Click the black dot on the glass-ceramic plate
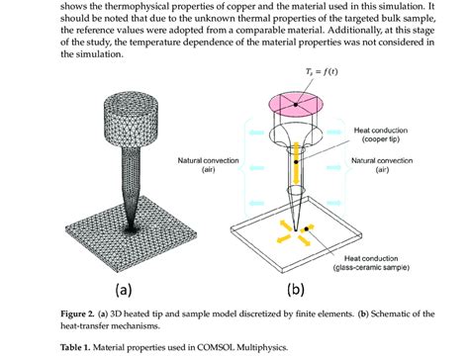pyautogui.click(x=311, y=228)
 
